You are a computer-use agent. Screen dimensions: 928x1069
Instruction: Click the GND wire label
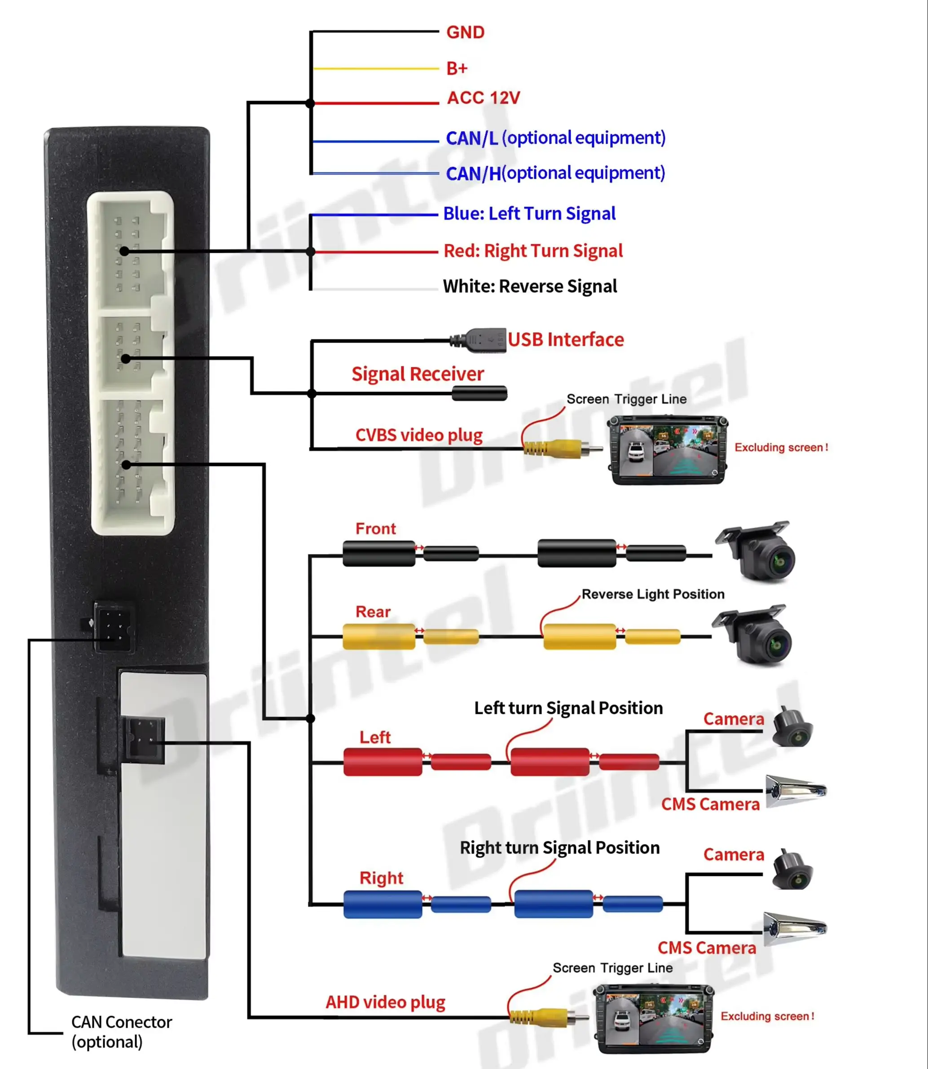pos(465,32)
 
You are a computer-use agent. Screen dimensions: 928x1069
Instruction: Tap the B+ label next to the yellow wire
pos(457,68)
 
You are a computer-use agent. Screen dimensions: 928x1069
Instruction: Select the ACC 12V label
pos(483,97)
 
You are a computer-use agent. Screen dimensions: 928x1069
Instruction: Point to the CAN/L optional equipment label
pos(556,138)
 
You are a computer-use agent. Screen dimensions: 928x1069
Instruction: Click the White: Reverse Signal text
pos(530,286)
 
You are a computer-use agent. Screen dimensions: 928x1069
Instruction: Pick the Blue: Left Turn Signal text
pos(529,213)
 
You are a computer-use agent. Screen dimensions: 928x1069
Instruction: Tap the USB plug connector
pos(479,340)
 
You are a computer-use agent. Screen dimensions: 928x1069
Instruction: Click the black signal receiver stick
pos(479,393)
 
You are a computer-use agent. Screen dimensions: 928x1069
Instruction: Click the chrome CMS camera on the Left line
pos(796,792)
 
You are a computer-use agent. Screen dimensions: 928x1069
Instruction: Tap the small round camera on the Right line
pos(792,870)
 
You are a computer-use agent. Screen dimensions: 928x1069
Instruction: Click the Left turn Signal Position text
pos(568,708)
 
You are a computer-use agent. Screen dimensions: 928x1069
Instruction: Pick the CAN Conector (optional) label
pos(122,1032)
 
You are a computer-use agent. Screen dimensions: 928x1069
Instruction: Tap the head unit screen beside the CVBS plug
pos(668,449)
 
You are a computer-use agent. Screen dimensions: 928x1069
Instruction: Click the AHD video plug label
pos(385,1002)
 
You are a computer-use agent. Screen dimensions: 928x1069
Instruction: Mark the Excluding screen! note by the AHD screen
pos(767,1016)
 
